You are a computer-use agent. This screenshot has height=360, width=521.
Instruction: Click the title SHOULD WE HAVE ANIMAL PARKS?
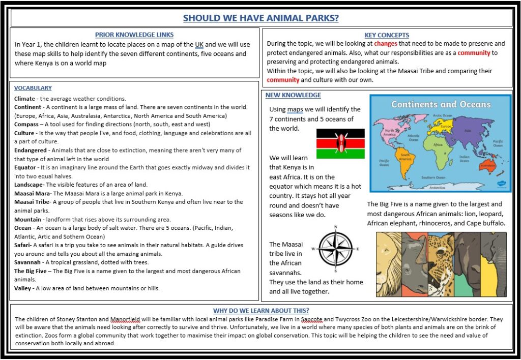coord(260,18)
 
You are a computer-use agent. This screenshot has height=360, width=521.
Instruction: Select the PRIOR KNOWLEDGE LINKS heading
coord(134,35)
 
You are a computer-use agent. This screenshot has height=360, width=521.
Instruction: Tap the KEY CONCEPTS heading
coord(387,35)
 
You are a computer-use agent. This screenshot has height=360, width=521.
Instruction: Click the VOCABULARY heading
coord(33,88)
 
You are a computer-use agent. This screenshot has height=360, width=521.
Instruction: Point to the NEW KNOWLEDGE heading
coord(293,95)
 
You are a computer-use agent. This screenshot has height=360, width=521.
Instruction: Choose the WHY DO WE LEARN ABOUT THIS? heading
coord(261,311)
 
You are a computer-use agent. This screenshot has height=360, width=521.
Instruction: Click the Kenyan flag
coord(340,143)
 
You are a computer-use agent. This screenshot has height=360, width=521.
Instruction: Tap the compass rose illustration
coord(336,249)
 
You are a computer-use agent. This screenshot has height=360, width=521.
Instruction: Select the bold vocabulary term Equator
coord(25,167)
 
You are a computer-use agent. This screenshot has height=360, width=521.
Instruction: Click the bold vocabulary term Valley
coord(23,288)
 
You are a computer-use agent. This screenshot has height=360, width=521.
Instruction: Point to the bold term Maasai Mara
coord(32,193)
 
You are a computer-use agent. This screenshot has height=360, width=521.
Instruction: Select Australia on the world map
coord(488,166)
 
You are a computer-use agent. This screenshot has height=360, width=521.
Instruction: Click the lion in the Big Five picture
coord(389,264)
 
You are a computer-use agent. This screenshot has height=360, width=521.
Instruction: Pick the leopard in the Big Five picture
coord(441,264)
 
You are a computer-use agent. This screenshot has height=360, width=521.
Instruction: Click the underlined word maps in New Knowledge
coord(295,109)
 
